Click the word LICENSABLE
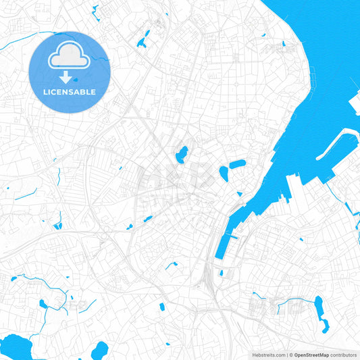(x=70, y=92)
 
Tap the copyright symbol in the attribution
(x=290, y=355)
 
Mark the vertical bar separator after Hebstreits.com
(x=286, y=355)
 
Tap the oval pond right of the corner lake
(x=99, y=351)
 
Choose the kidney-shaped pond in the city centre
(x=181, y=155)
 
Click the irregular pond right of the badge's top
(x=143, y=40)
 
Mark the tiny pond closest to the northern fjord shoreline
(x=283, y=45)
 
